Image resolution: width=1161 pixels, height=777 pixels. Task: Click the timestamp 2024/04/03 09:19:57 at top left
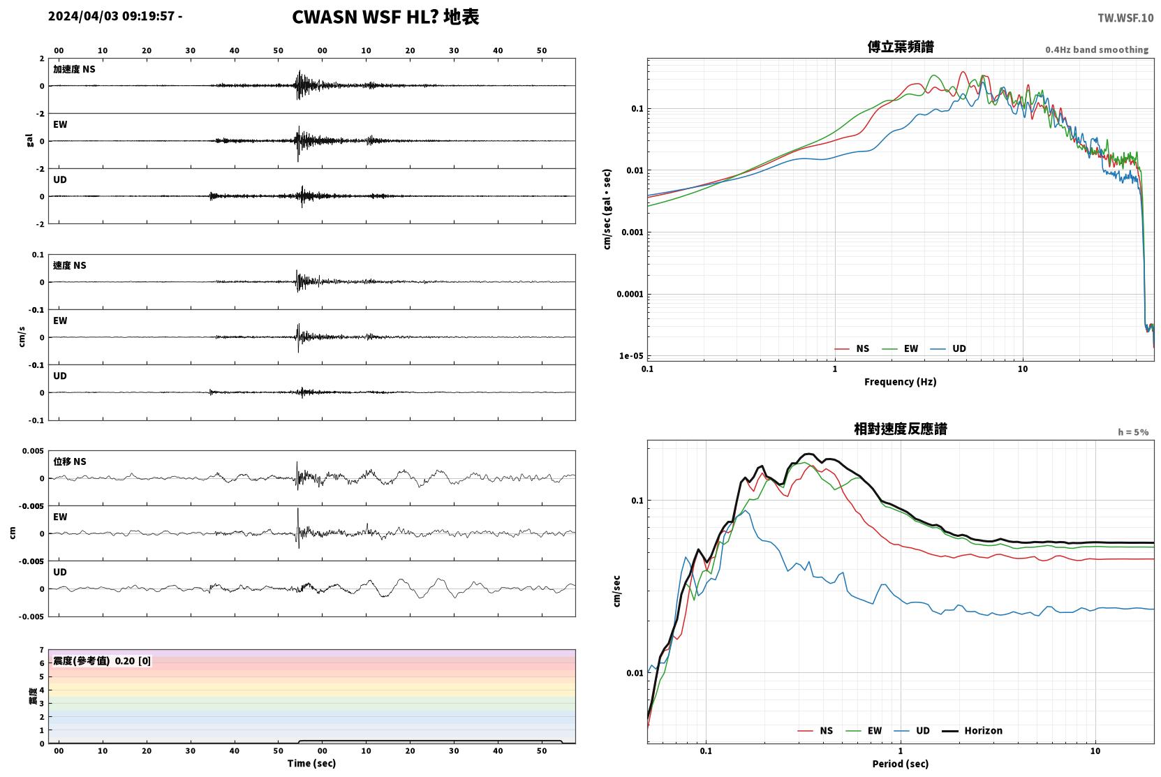(112, 16)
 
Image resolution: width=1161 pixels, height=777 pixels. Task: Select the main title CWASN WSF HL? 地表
(385, 17)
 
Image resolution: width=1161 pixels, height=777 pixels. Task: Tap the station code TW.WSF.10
(1125, 18)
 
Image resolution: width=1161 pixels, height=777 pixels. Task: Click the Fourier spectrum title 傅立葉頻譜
(901, 47)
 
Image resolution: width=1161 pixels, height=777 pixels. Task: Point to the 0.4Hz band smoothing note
(1097, 50)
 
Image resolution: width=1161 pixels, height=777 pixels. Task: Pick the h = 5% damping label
(1133, 431)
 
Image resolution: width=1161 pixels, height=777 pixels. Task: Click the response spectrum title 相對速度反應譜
(901, 429)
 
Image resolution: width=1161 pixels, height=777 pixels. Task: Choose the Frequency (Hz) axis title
(901, 382)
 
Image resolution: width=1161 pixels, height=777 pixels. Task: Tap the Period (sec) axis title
(901, 764)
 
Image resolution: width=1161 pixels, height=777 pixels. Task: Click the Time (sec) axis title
(311, 763)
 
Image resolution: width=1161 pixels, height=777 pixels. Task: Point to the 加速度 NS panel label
(74, 69)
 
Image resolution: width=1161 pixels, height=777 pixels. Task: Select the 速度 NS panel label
(69, 265)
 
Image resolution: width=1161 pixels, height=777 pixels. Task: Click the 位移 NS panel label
(69, 461)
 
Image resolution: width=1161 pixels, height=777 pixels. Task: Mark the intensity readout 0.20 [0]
(133, 661)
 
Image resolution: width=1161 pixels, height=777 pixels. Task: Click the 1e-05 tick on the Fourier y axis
(631, 355)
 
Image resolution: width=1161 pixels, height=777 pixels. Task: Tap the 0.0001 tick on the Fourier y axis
(630, 295)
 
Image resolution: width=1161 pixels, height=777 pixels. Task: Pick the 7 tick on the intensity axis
(42, 650)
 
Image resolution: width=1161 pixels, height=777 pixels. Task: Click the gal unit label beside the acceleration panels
(29, 140)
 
